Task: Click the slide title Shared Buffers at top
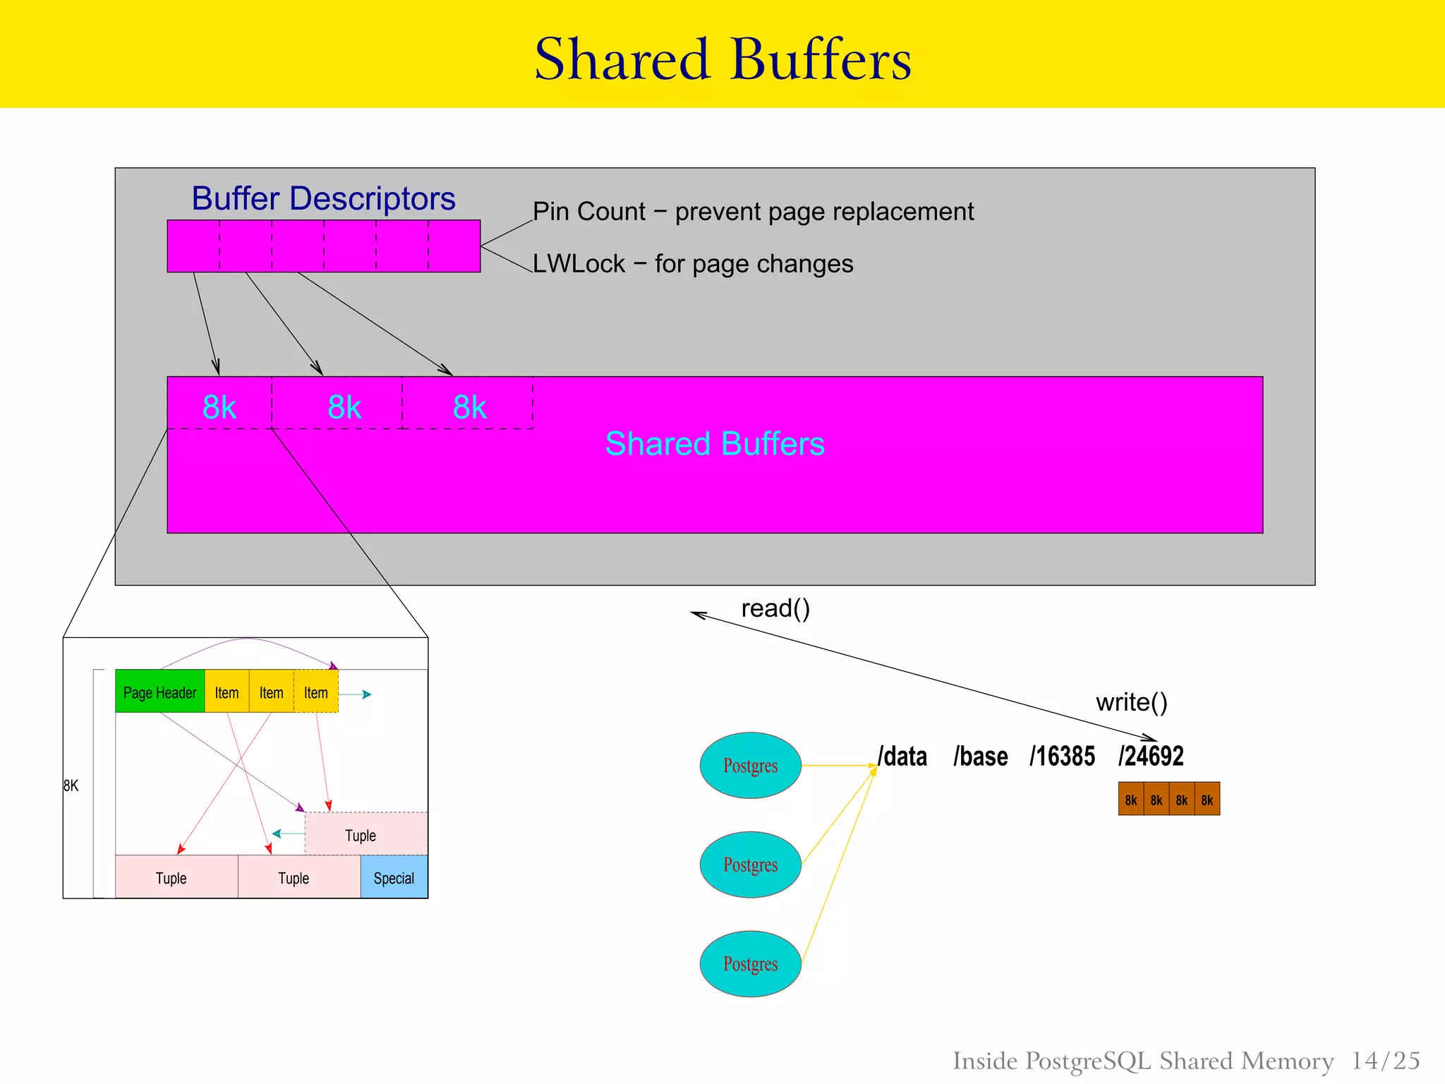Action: pos(722,59)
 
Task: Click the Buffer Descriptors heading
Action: pos(323,198)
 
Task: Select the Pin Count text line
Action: pos(753,212)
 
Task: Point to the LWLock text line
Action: pos(693,264)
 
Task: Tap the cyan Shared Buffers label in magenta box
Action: pos(715,444)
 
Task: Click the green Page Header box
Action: pos(160,692)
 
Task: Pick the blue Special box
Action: pos(394,877)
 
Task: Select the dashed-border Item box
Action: pos(316,692)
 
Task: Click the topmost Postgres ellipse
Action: pos(750,766)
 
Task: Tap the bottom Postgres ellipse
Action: pos(750,964)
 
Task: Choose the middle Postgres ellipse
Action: pos(750,865)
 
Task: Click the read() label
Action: pos(775,608)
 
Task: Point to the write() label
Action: pos(1132,702)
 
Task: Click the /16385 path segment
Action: pos(1062,757)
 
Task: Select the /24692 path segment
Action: pos(1151,757)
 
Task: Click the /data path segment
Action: pos(902,757)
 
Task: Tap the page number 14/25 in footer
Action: pos(1385,1061)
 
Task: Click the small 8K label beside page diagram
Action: pos(71,785)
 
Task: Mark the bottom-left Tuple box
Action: pos(171,877)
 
